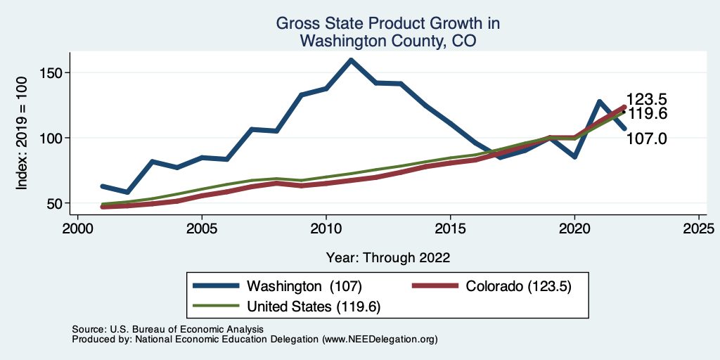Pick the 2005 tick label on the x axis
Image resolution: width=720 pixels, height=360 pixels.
tap(201, 230)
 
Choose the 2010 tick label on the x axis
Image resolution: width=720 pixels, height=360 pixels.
tap(326, 230)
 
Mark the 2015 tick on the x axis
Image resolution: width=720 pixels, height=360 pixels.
tap(450, 230)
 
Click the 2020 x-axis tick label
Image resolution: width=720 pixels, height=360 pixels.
tap(574, 230)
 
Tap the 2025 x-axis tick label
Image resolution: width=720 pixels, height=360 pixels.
tap(699, 230)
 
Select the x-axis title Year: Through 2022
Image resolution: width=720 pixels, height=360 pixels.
tap(388, 257)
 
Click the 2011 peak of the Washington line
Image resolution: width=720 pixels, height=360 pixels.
tap(351, 60)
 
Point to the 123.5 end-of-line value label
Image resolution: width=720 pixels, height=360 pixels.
tap(646, 100)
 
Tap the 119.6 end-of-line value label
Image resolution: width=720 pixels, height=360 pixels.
tap(646, 114)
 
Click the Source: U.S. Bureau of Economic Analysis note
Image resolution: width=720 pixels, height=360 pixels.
tap(167, 329)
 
